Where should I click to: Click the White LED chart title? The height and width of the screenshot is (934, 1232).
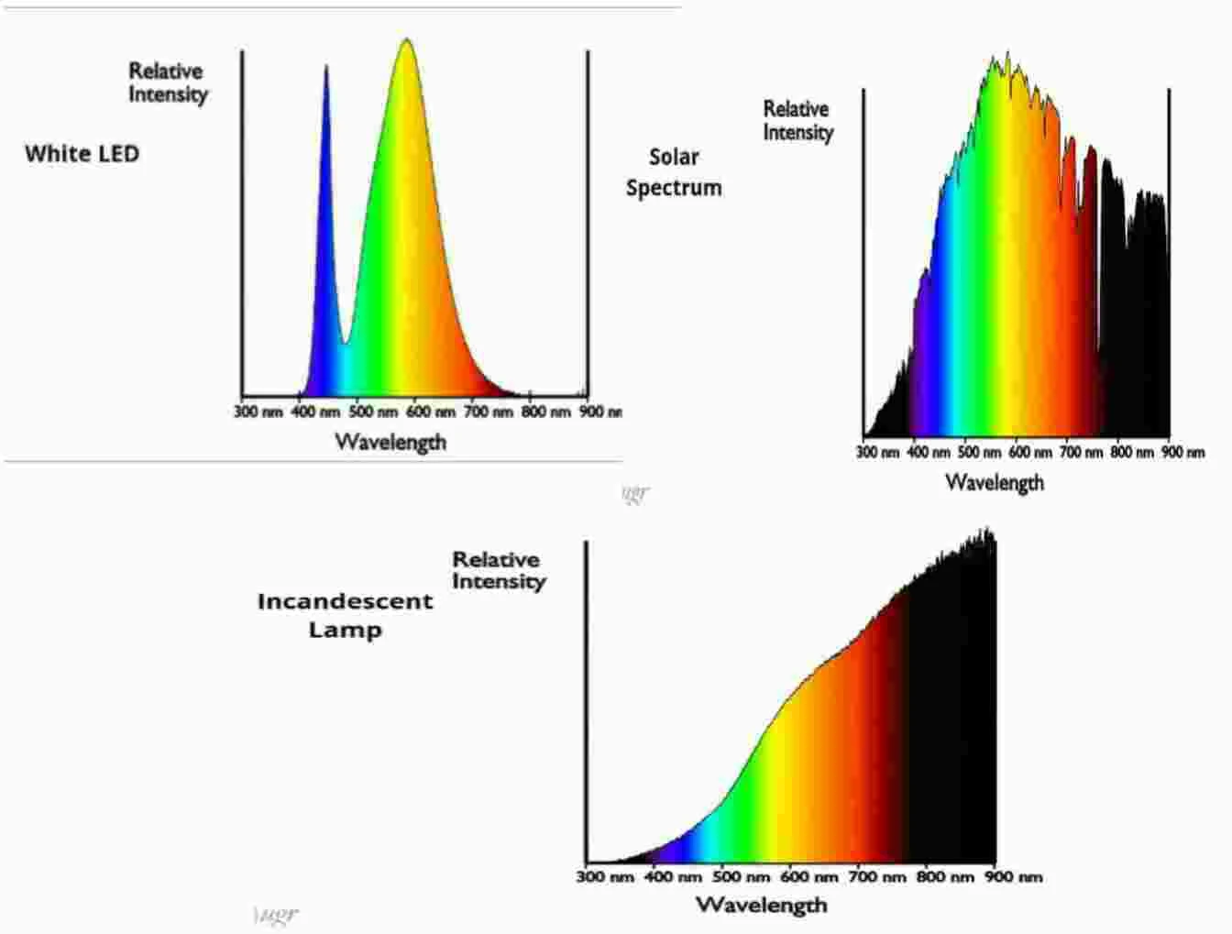pyautogui.click(x=82, y=153)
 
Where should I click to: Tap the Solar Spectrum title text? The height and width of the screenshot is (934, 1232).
pyautogui.click(x=674, y=172)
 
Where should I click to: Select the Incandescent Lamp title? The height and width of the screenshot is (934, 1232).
pyautogui.click(x=345, y=615)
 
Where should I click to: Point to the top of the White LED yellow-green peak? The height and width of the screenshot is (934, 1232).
pyautogui.click(x=406, y=41)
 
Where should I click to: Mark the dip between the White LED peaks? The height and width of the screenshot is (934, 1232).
pyautogui.click(x=345, y=342)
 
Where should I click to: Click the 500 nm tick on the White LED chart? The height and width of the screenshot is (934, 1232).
pyautogui.click(x=373, y=412)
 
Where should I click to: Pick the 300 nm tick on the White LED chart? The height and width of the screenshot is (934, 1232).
pyautogui.click(x=258, y=412)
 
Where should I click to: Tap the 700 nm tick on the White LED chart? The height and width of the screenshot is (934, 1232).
pyautogui.click(x=488, y=412)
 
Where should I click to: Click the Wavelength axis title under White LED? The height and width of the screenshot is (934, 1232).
pyautogui.click(x=390, y=442)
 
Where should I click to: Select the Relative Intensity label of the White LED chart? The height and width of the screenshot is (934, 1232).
pyautogui.click(x=168, y=82)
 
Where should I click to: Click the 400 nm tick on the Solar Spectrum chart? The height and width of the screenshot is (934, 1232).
pyautogui.click(x=929, y=452)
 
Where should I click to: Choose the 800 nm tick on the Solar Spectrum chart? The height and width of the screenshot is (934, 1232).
pyautogui.click(x=1132, y=452)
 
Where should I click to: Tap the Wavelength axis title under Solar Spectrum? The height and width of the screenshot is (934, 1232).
pyautogui.click(x=995, y=482)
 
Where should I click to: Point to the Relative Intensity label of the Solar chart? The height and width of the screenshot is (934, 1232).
pyautogui.click(x=798, y=120)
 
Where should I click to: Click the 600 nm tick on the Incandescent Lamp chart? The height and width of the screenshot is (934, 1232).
pyautogui.click(x=809, y=877)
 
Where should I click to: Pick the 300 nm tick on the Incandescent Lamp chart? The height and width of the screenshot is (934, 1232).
pyautogui.click(x=605, y=877)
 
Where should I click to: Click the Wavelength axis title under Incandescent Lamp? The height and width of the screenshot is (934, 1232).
pyautogui.click(x=761, y=906)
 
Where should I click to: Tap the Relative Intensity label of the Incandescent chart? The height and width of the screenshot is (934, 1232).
pyautogui.click(x=499, y=570)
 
